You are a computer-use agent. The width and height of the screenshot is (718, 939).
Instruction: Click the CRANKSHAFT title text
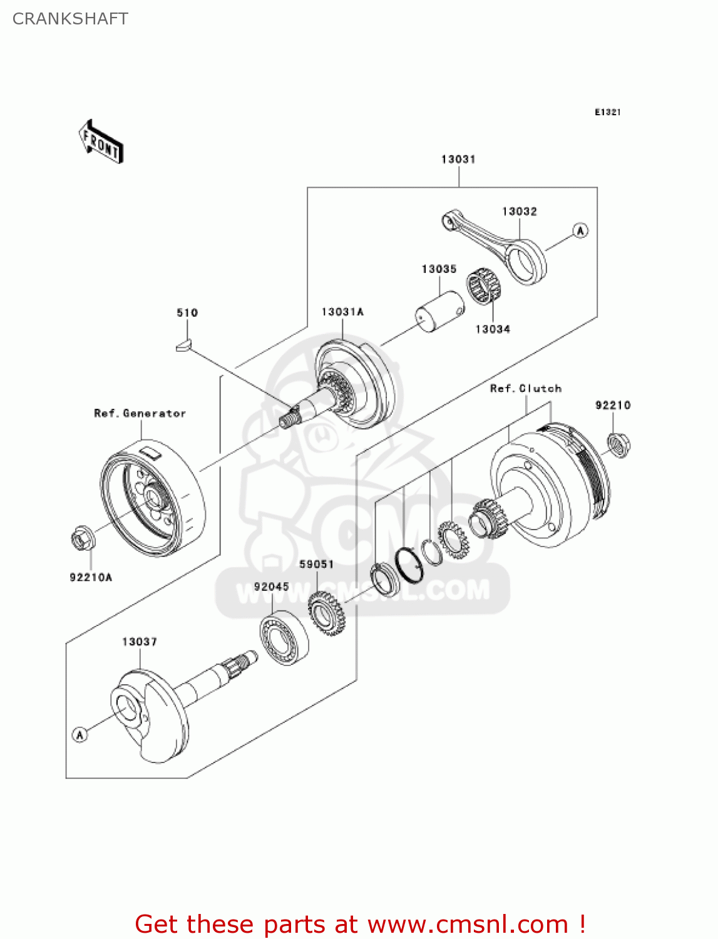[70, 19]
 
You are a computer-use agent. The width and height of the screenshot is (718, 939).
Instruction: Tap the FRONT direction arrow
[100, 142]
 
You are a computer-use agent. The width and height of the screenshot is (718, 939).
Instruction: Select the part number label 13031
[458, 159]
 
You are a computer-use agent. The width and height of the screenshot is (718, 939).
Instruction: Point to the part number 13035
[439, 269]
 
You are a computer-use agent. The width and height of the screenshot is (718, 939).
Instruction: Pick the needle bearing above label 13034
[485, 287]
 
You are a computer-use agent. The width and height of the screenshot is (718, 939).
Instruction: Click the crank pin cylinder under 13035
[441, 311]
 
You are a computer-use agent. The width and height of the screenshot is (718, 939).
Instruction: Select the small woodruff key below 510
[184, 344]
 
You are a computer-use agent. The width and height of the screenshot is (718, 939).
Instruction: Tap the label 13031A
[342, 312]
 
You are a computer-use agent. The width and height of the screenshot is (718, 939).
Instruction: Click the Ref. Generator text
[140, 413]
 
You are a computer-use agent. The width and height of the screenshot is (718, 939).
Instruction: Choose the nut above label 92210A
[83, 537]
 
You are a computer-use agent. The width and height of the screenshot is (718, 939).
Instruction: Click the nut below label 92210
[618, 445]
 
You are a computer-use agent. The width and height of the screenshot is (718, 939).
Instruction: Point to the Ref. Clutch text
[526, 388]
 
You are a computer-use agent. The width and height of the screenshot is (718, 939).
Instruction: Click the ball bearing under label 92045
[284, 637]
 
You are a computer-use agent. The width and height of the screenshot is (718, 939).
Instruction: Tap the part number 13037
[140, 642]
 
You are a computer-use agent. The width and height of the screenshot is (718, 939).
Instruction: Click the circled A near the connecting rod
[580, 230]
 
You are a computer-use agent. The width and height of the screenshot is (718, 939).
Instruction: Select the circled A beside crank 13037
[79, 734]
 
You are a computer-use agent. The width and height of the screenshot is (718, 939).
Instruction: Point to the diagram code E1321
[607, 112]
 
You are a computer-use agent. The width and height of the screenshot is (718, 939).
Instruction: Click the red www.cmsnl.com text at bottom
[467, 924]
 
